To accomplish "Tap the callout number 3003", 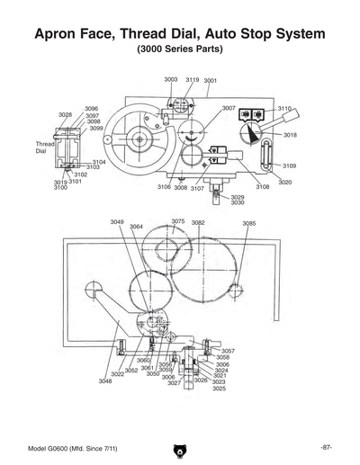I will [171, 80].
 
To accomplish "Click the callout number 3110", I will [285, 107].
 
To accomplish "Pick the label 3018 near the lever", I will [290, 135].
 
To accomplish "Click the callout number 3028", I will [66, 115].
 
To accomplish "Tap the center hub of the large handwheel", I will [139, 139].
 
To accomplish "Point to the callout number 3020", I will [284, 183].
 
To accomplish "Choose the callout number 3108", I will [262, 187].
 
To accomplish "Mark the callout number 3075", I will [178, 221].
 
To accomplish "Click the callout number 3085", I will [249, 223].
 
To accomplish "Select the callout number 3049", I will [117, 221].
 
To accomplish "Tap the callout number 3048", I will [105, 381].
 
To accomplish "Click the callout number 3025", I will [219, 389].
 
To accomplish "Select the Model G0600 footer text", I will [66, 448].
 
